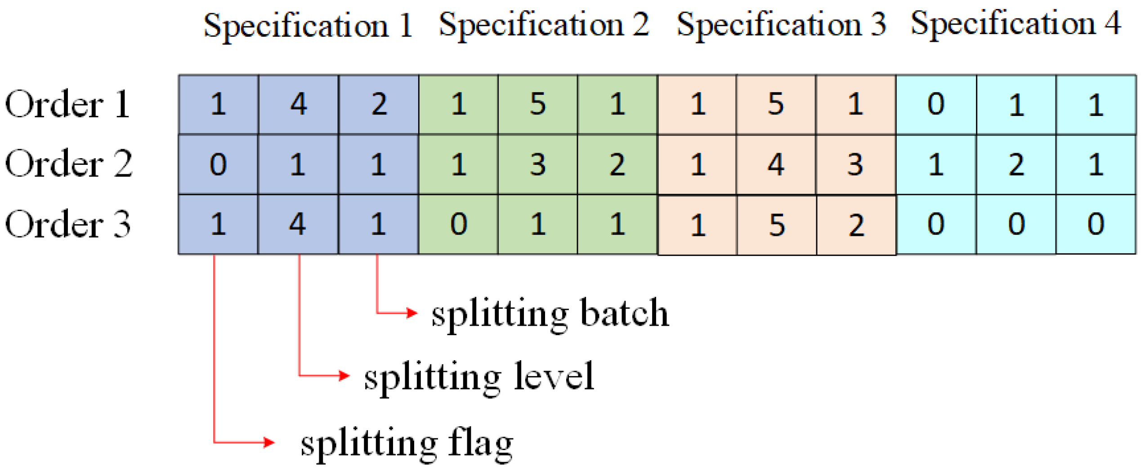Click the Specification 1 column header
308,26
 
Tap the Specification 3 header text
781,25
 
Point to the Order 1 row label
67,105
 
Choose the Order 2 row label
68,164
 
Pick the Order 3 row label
67,224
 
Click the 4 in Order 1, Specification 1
298,104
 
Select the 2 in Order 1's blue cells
379,104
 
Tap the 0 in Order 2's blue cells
218,164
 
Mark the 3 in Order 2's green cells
538,164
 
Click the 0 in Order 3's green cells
458,224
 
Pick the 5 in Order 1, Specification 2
538,104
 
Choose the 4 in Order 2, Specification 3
776,164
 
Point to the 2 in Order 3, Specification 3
856,225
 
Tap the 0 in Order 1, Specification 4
935,104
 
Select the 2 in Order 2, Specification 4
1016,164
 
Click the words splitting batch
550,314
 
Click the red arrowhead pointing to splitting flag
269,442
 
